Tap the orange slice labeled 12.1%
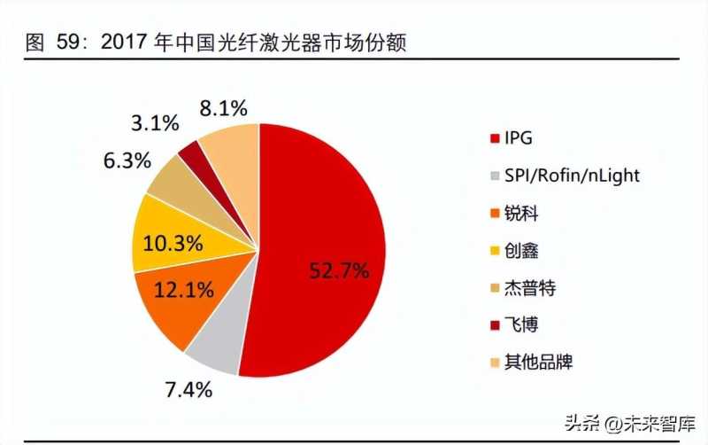(x=173, y=301)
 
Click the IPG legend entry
(x=519, y=139)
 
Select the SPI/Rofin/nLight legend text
(x=571, y=176)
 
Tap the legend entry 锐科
(x=521, y=214)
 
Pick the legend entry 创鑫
(x=521, y=251)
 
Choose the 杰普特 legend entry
(x=529, y=288)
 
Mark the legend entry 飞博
(x=521, y=325)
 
